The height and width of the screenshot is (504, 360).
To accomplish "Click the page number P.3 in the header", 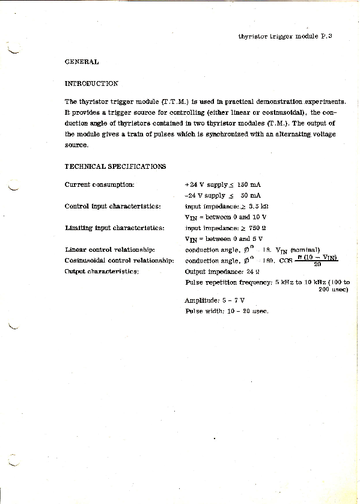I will [x=326, y=36].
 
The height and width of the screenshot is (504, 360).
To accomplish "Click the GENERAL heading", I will [x=81, y=61].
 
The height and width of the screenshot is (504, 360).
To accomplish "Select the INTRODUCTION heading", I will [x=91, y=83].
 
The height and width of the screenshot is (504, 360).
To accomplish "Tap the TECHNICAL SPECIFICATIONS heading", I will [x=115, y=166].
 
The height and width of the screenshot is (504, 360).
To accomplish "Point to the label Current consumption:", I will [x=100, y=184].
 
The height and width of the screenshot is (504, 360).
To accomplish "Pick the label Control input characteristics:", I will [x=112, y=206].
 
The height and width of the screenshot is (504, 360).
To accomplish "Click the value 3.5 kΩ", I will [x=257, y=206].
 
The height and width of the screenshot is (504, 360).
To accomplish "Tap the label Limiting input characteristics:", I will [x=114, y=228].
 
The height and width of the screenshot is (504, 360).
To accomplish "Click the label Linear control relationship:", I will [x=110, y=249].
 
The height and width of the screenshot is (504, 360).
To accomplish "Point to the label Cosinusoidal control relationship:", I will [x=119, y=260].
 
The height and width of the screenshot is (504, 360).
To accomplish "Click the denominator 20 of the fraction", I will [x=317, y=264].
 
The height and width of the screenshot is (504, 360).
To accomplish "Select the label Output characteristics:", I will [x=102, y=272].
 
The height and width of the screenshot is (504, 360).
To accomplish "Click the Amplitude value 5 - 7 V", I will [x=233, y=300].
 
